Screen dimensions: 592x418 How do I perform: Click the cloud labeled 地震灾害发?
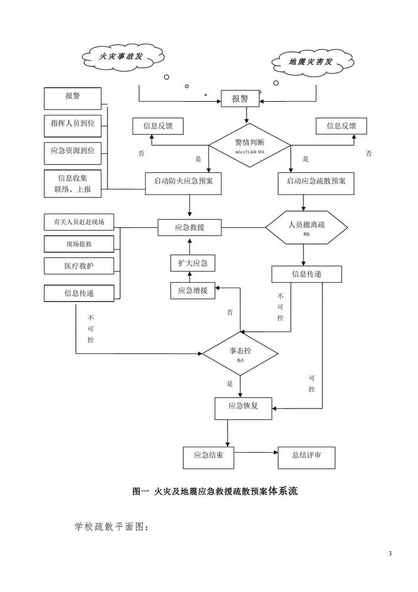point(310,61)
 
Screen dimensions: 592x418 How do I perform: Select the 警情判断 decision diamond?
point(250,145)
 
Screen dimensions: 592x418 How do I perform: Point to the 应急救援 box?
point(190,228)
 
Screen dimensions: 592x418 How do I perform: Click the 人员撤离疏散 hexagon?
point(306,228)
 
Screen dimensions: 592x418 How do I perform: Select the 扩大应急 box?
point(190,263)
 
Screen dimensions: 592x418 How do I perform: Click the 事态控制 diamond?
point(240,353)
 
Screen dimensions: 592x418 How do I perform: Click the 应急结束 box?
point(208,456)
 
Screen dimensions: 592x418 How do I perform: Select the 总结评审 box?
point(306,456)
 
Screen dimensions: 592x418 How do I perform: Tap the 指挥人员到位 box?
point(73,124)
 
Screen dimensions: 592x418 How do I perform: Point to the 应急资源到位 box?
point(73,152)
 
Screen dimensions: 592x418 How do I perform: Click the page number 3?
point(390,554)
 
